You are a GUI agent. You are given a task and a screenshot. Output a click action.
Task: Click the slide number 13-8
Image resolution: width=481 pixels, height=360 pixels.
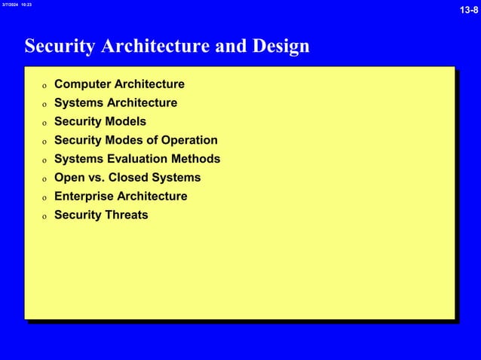click(469, 10)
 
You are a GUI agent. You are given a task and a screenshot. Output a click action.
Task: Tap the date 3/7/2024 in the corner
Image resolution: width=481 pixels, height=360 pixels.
click(9, 5)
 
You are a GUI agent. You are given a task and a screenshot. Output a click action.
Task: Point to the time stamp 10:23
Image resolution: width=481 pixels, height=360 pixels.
click(26, 5)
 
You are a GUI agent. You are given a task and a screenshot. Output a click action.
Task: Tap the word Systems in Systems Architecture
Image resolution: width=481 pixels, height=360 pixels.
click(78, 103)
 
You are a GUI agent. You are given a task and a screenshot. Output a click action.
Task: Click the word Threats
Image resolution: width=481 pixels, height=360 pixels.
click(125, 215)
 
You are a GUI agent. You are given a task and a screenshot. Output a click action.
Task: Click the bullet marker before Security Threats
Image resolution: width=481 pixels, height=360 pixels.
click(44, 216)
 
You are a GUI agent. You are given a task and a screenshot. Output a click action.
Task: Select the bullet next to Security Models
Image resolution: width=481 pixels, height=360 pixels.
click(44, 123)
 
